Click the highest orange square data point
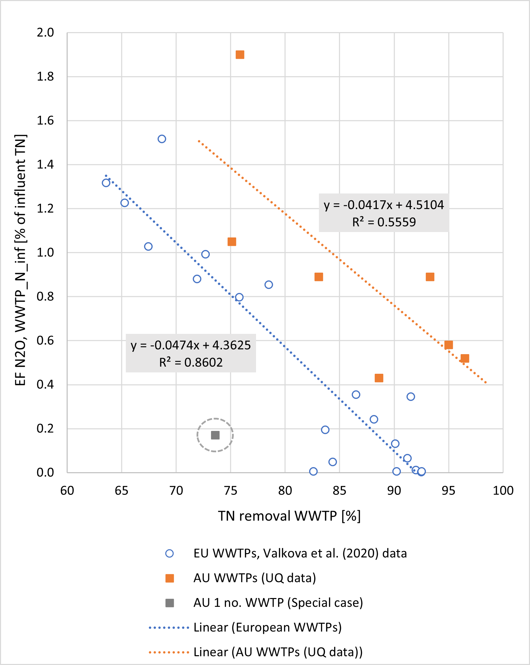240,55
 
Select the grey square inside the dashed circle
215,435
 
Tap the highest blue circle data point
162,139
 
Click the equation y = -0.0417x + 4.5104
384,205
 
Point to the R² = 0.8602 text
191,363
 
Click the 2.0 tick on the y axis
45,33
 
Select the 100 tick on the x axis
503,490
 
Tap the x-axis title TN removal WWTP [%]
289,516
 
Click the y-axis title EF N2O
21,260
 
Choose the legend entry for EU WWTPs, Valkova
300,553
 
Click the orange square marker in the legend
169,578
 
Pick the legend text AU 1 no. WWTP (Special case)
278,603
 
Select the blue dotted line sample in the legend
169,628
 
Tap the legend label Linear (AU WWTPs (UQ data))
278,652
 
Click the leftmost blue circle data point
106,183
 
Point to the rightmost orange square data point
465,359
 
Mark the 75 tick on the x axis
231,490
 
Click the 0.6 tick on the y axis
45,341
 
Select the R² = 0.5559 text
384,222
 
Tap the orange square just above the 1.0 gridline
232,242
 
